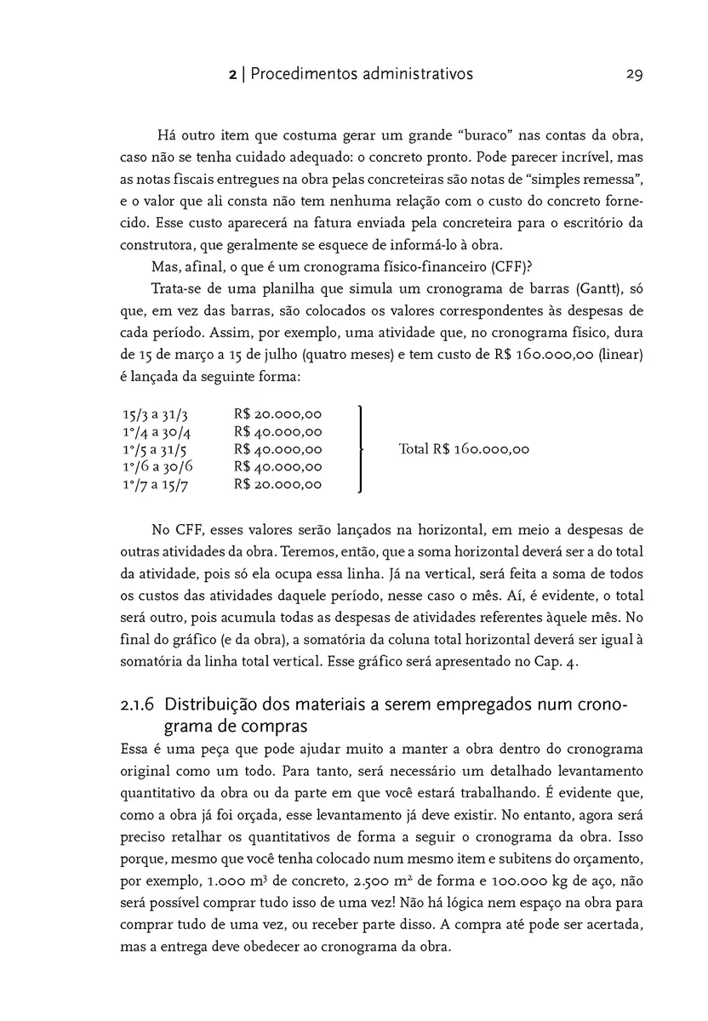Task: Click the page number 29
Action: click(634, 74)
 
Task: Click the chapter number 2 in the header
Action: click(232, 75)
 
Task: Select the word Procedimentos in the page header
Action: click(305, 75)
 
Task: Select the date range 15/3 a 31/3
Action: click(155, 414)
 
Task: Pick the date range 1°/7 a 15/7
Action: click(155, 485)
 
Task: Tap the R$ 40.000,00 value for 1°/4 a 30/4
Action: click(277, 431)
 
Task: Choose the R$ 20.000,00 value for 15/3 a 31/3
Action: click(277, 414)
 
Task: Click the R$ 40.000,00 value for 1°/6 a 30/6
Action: click(277, 467)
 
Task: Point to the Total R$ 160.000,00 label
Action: click(464, 449)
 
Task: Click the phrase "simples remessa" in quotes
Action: click(583, 180)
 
